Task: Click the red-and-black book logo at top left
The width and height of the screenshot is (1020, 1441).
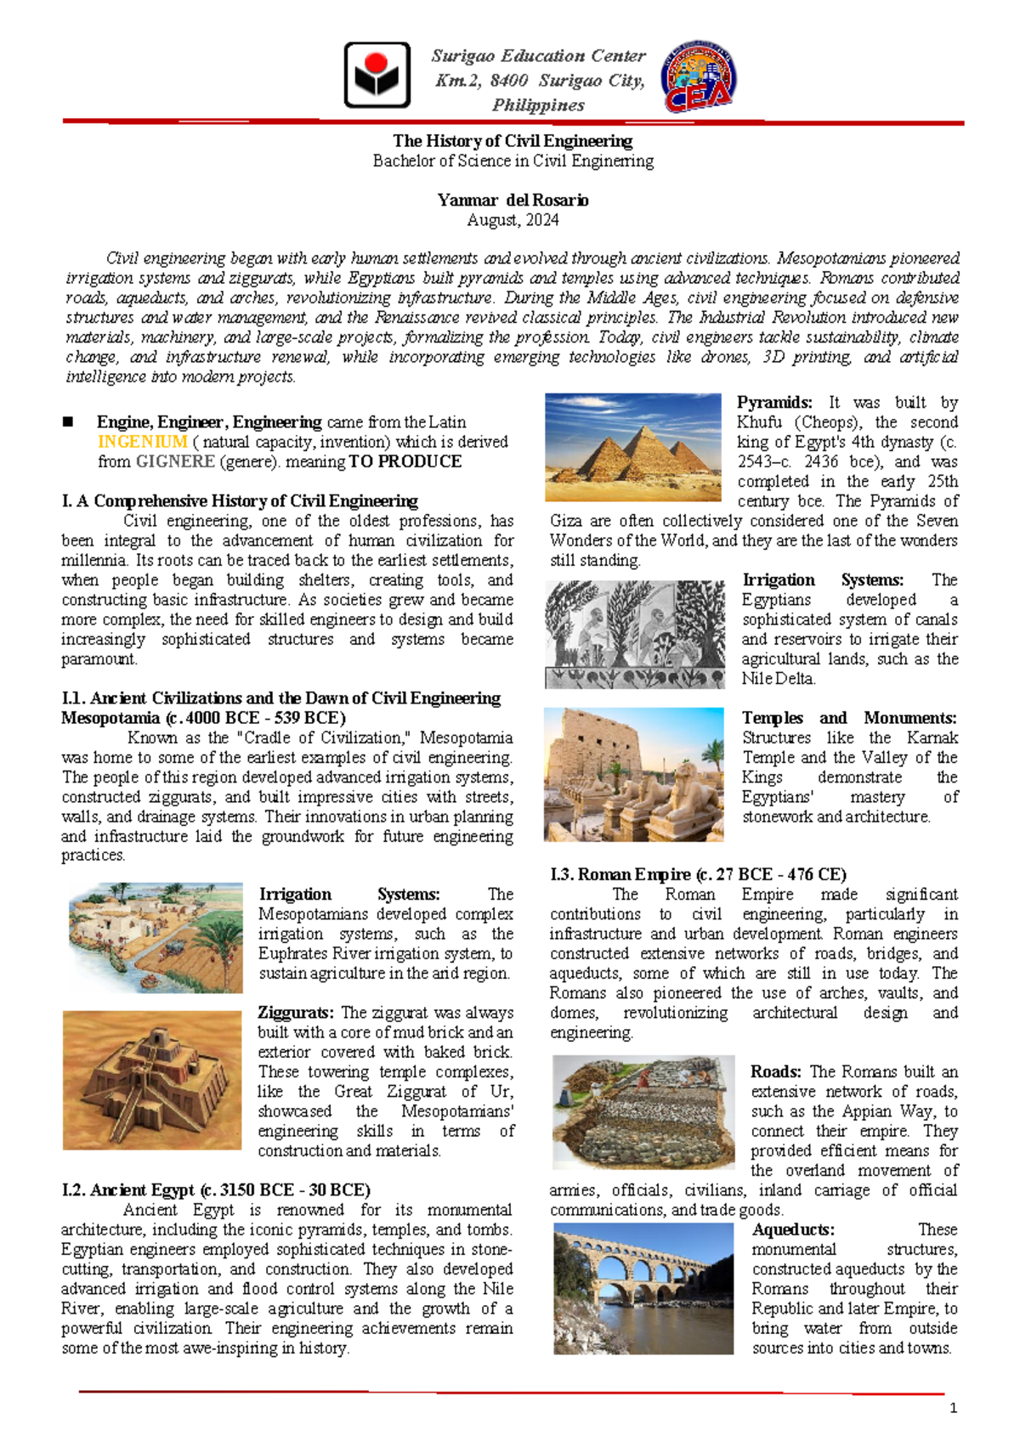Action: coord(377,75)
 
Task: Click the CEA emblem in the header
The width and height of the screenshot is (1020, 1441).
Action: coord(698,76)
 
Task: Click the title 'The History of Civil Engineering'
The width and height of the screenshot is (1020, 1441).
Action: coord(513,141)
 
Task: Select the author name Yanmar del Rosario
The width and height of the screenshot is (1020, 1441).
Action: coord(513,201)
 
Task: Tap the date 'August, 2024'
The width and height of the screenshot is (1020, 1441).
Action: coord(513,220)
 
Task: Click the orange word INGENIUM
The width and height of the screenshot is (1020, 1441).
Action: coord(142,442)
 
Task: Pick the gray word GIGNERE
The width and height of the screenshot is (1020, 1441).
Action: coord(175,461)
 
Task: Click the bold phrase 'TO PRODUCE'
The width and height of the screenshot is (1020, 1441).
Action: coord(405,461)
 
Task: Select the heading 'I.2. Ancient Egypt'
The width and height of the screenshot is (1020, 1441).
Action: coord(215,1190)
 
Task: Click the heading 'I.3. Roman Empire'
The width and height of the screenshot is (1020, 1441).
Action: coord(697,874)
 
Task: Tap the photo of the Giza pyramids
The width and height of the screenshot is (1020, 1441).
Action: coord(632,447)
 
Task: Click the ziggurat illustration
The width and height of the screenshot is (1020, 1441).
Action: coord(152,1080)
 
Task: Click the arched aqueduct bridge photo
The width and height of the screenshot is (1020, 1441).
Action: coord(643,1288)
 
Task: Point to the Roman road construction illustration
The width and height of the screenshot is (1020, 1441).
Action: coord(643,1111)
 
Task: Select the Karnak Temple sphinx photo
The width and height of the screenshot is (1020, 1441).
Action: coord(633,774)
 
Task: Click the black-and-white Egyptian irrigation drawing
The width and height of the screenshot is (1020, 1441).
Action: coord(635,634)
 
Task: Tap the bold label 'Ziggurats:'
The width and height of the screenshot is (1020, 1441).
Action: coord(297,1013)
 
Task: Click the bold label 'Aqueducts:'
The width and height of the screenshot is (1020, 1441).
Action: coord(792,1229)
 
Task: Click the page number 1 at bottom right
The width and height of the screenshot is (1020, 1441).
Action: coord(954,1408)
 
